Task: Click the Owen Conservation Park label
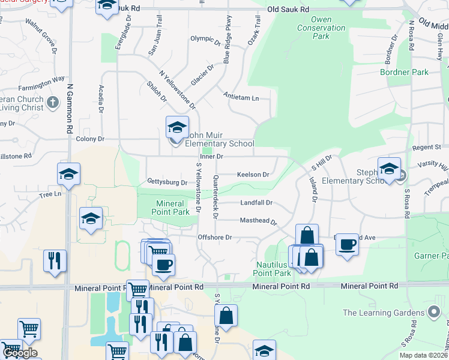[x=321, y=28]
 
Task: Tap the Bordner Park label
[x=404, y=72]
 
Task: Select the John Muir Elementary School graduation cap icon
[x=176, y=127]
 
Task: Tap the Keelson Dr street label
[x=253, y=175]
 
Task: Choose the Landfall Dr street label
[x=256, y=203]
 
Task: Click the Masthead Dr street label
[x=258, y=221]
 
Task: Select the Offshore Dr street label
[x=215, y=238]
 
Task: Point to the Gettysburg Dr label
[x=167, y=182]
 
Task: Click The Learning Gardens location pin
[x=434, y=312]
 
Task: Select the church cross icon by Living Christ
[x=53, y=103]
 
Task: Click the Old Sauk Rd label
[x=288, y=10]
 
